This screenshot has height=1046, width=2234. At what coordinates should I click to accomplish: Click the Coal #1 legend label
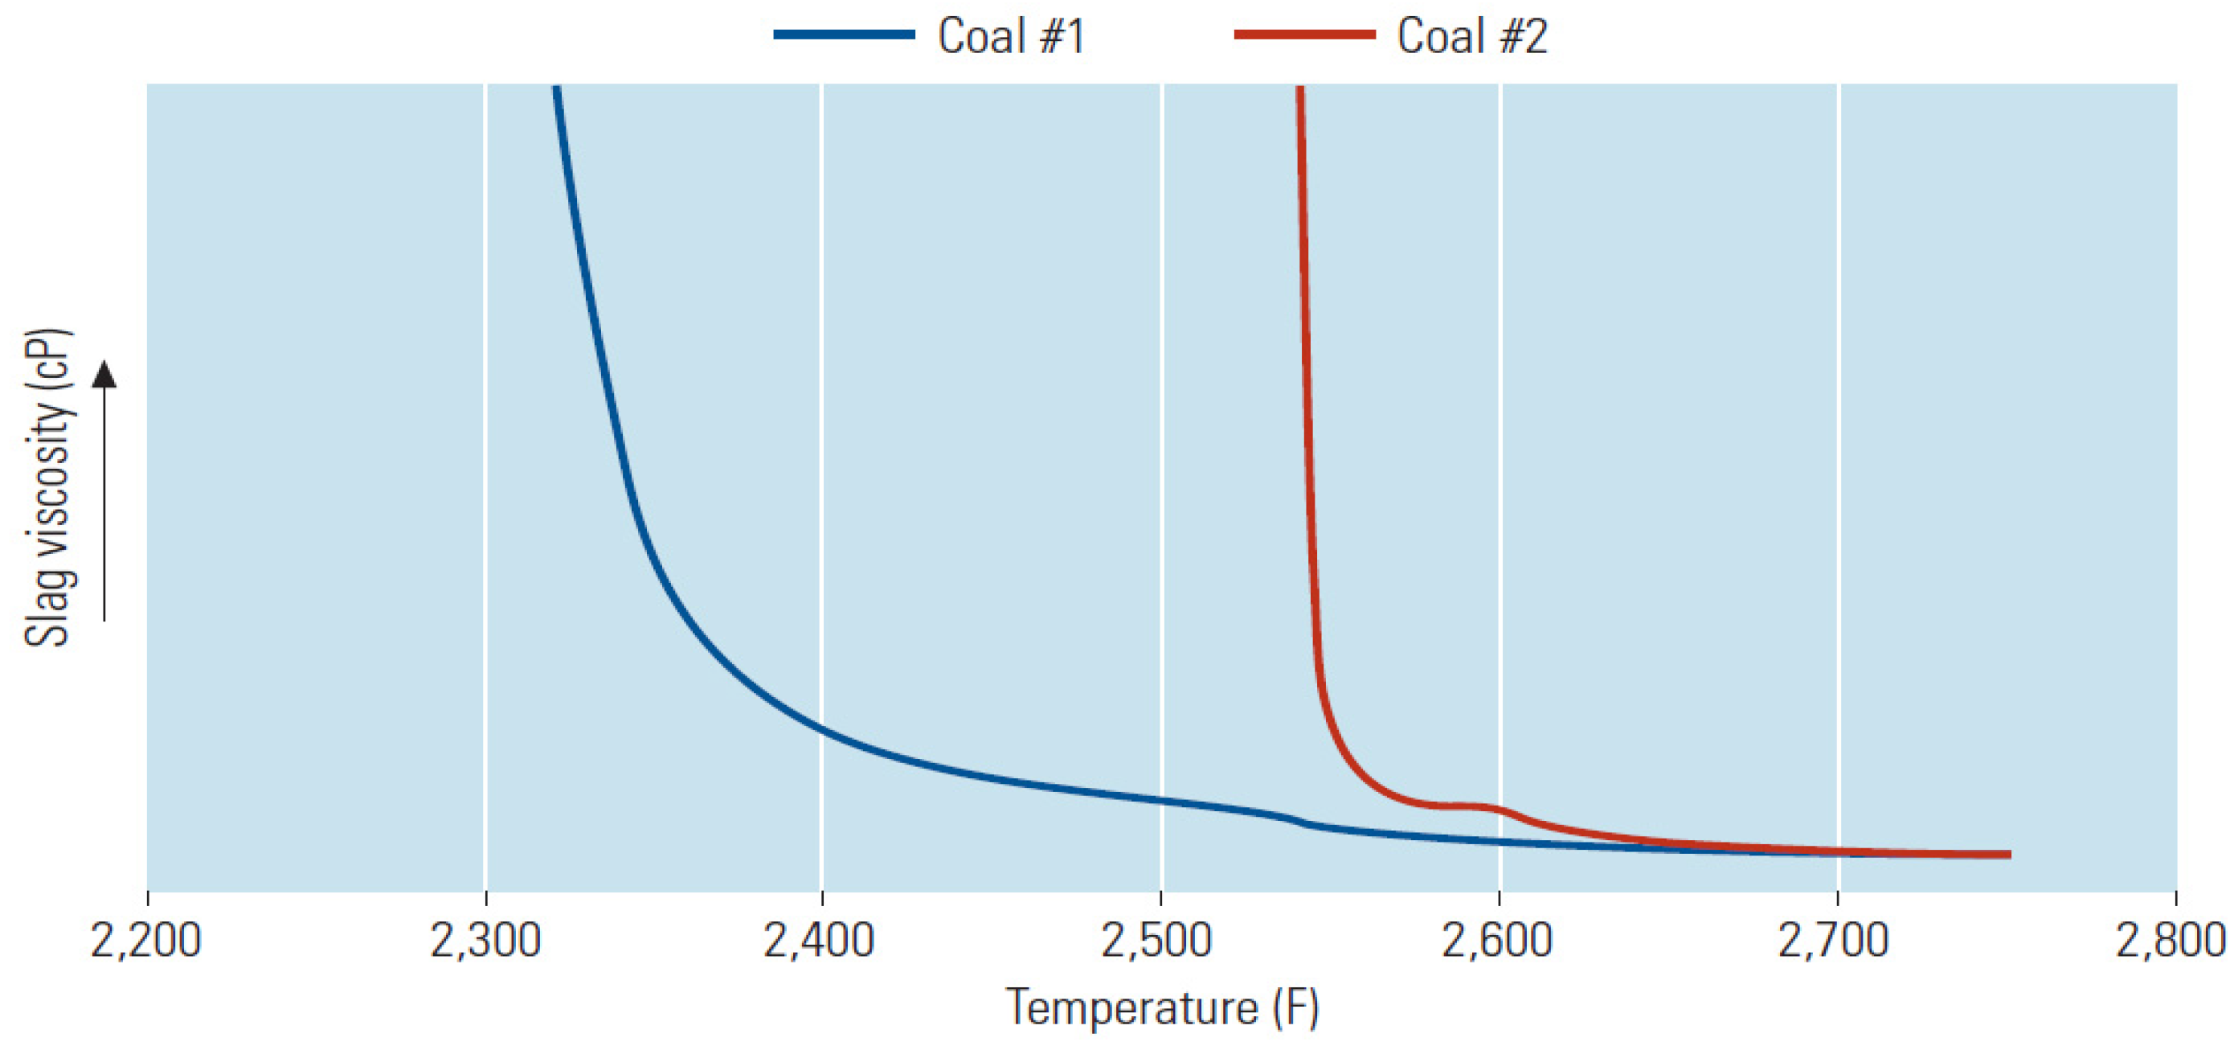[1011, 36]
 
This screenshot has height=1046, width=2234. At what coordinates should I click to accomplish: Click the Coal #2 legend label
[1471, 36]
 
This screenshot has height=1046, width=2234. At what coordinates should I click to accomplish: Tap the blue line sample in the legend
[844, 35]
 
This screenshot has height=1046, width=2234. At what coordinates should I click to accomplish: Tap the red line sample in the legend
[1304, 35]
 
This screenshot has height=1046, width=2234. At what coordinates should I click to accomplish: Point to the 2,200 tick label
[145, 940]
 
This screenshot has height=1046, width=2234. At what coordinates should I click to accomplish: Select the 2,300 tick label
[485, 940]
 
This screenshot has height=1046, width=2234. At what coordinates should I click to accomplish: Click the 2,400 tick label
[819, 940]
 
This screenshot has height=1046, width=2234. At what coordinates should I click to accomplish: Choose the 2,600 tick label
[1497, 940]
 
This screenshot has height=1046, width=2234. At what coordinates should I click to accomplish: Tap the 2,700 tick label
[1833, 940]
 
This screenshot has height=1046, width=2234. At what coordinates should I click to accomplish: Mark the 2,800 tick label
[2171, 940]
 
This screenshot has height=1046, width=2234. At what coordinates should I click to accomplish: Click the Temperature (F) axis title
[1162, 1008]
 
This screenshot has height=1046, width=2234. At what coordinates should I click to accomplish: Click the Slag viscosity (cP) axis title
[47, 487]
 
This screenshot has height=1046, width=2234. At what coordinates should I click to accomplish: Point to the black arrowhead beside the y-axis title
[104, 375]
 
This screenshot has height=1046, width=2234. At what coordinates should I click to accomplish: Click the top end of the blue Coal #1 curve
[556, 88]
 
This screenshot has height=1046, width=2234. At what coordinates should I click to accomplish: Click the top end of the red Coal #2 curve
[1300, 88]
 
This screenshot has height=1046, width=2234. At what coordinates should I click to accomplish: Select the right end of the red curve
[2008, 855]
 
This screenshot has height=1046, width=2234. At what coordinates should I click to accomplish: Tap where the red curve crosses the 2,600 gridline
[1500, 809]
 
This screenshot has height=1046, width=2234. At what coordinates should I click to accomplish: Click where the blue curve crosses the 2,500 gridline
[1161, 800]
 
